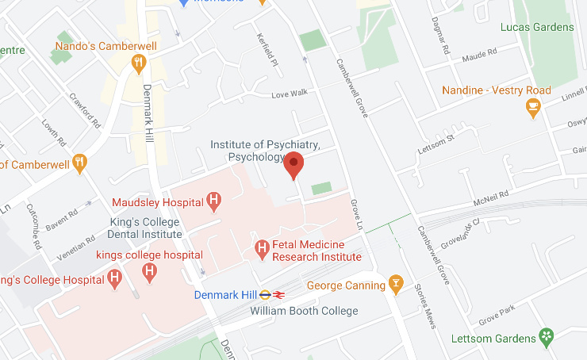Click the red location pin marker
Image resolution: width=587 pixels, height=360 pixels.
pos(294,164)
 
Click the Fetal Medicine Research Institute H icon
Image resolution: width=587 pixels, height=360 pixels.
pos(262,250)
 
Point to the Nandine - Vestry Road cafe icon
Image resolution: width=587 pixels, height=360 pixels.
pos(533,106)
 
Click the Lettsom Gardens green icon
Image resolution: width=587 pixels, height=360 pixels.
pos(546,338)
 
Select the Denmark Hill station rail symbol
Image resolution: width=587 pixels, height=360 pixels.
pos(278,295)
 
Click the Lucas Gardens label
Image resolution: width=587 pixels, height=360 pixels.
pos(537,27)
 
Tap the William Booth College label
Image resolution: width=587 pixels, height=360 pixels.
pos(304,311)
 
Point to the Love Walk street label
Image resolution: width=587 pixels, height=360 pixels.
pos(289,94)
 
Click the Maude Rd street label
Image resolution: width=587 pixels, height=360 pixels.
pos(479,55)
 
